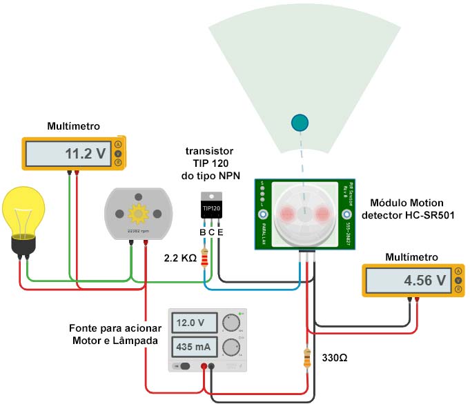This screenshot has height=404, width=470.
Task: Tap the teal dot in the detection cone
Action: point(300,123)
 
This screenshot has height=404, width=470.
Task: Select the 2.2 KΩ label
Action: point(180,259)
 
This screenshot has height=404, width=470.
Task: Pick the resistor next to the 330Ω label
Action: point(307,358)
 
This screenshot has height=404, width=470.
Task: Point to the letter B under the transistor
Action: point(203,232)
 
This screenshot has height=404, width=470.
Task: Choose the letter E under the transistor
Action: point(220,232)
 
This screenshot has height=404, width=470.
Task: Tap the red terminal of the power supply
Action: point(204,367)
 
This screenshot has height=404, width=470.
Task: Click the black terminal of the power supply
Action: point(212,367)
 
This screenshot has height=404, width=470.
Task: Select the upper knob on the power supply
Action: point(231,323)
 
